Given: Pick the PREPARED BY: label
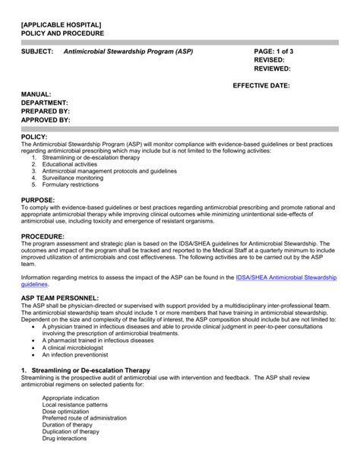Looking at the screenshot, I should click(x=46, y=111).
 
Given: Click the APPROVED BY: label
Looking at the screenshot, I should click(x=46, y=120).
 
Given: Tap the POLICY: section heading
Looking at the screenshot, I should click(x=34, y=136).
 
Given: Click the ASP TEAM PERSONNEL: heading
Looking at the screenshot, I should click(x=60, y=297).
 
